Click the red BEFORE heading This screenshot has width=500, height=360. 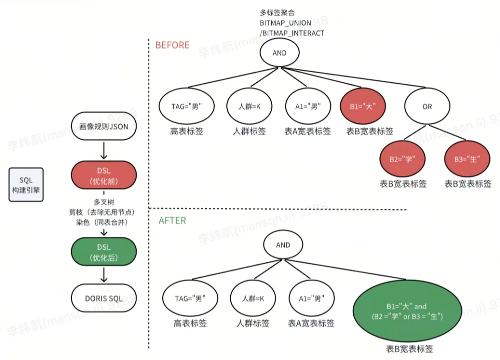[172, 45]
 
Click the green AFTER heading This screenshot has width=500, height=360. [172, 220]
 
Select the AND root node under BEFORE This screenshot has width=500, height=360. [279, 53]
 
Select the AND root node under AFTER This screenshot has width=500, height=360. [283, 245]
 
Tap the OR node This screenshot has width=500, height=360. [427, 107]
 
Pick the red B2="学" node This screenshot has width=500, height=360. [403, 159]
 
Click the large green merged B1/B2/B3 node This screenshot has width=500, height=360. [406, 311]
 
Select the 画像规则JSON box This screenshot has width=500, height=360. [104, 126]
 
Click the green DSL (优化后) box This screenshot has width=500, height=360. [104, 252]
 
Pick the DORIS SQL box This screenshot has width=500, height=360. [104, 299]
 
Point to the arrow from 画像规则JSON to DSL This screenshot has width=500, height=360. [104, 150]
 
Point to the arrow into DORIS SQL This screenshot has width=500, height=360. [104, 275]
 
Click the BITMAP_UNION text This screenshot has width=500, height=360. [285, 23]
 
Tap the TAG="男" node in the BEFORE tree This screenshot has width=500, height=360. [186, 107]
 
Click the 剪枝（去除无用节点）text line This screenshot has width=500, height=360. [104, 211]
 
